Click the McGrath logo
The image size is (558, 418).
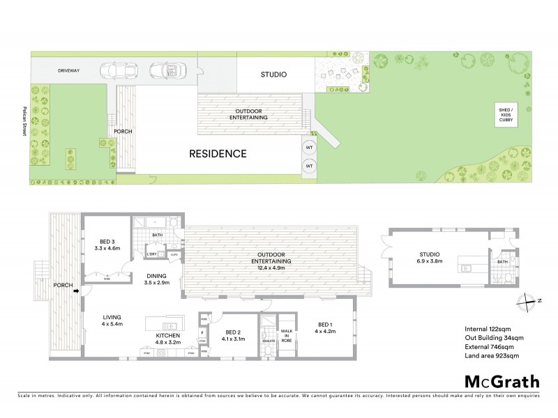502,381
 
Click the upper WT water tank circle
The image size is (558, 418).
308,148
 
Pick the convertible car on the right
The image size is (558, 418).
165,70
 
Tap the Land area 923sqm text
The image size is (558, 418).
493,355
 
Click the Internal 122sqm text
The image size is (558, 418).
488,328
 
